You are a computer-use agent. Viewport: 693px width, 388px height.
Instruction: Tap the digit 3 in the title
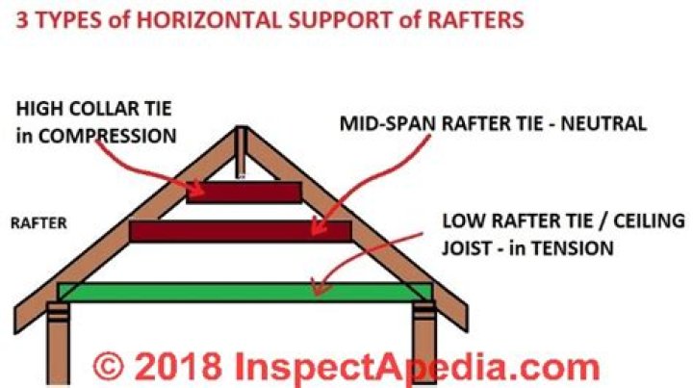(x=22, y=20)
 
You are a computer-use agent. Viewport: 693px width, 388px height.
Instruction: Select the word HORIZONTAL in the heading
(x=209, y=20)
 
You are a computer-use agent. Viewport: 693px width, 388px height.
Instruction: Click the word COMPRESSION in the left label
(x=108, y=136)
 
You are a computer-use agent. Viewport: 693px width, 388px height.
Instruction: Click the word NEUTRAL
(x=603, y=124)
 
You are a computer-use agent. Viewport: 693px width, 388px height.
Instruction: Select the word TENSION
(x=573, y=247)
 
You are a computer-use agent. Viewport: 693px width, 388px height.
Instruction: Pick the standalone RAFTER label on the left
(x=38, y=223)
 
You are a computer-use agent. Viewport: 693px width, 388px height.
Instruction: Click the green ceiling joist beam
(x=244, y=292)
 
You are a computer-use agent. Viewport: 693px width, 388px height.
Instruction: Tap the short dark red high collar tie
(x=244, y=193)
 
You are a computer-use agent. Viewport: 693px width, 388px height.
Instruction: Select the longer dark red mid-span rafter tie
(x=241, y=231)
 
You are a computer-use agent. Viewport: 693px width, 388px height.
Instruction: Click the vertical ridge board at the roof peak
(x=241, y=151)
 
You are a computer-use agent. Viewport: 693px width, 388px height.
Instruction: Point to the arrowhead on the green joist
(x=320, y=287)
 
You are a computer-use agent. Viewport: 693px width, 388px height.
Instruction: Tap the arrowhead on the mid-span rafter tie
(x=318, y=225)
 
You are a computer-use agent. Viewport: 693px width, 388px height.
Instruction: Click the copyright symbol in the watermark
(x=108, y=365)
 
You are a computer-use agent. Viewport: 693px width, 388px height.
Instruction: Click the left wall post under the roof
(x=58, y=344)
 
